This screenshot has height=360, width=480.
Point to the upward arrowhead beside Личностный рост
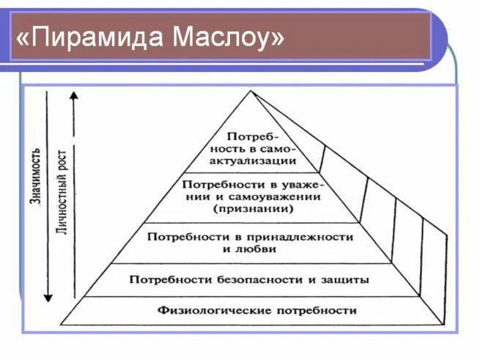pyautogui.click(x=73, y=98)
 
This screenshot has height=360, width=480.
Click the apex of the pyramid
pyautogui.click(x=251, y=91)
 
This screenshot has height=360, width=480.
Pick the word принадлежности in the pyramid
pyautogui.click(x=307, y=237)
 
